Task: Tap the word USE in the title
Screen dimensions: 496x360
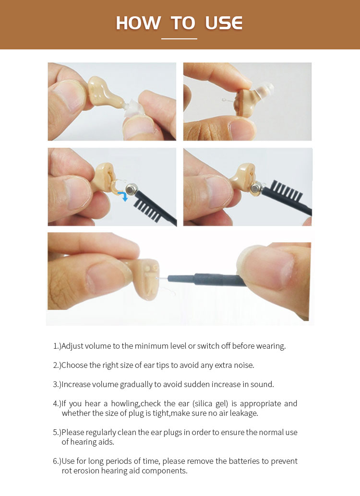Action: pos(224,23)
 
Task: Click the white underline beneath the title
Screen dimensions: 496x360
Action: pos(179,39)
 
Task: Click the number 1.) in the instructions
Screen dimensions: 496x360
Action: pos(57,346)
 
